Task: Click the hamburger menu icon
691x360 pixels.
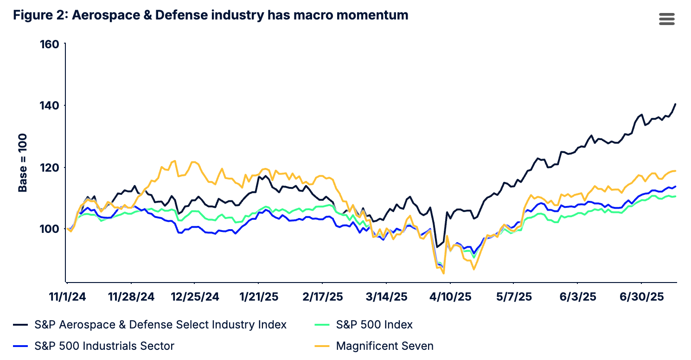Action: pyautogui.click(x=666, y=19)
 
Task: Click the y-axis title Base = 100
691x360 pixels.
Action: pyautogui.click(x=23, y=163)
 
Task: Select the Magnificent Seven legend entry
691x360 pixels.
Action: pyautogui.click(x=384, y=346)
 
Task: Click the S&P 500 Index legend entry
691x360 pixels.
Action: pyautogui.click(x=374, y=325)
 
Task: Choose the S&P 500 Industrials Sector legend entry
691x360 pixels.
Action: pyautogui.click(x=104, y=346)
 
